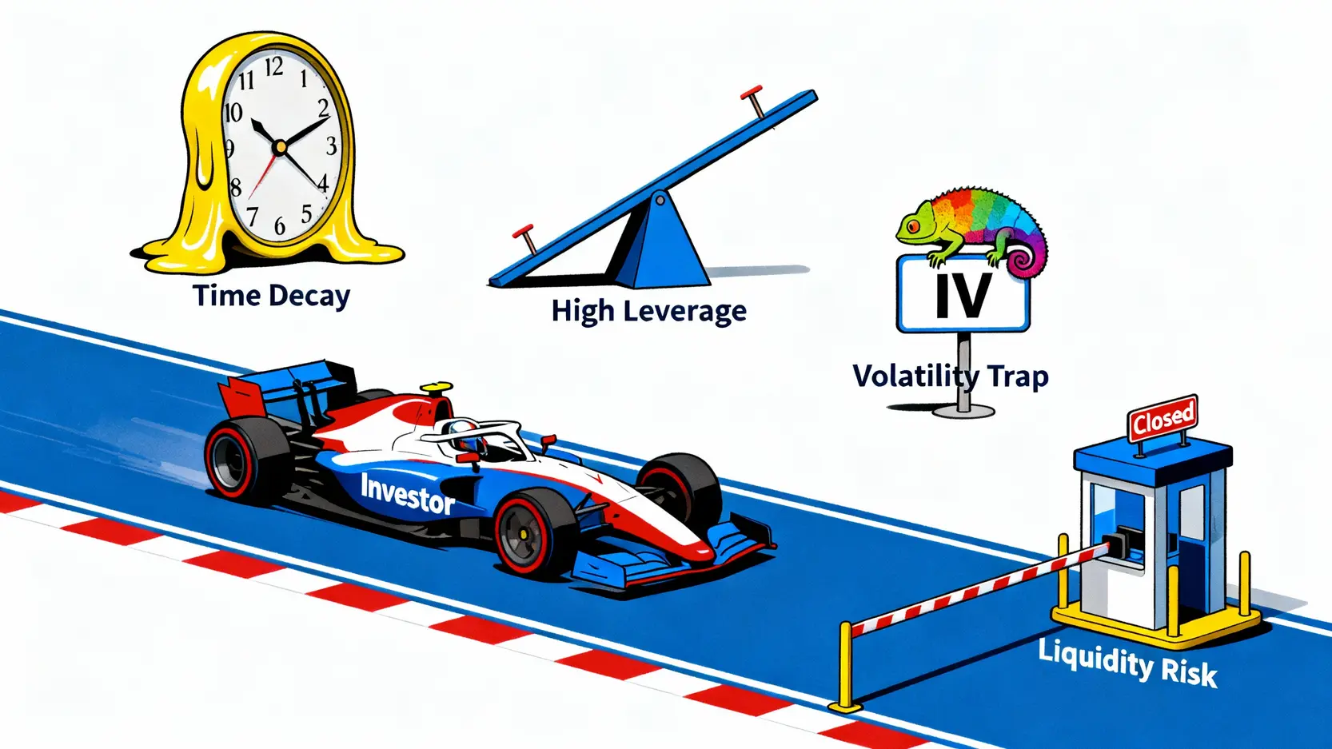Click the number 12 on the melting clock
tap(273, 67)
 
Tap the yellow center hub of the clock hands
tap(280, 147)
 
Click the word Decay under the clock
tap(309, 297)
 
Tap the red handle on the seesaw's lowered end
tap(525, 237)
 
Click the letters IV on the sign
tap(963, 295)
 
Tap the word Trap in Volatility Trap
tap(1017, 376)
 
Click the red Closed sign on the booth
tap(1163, 417)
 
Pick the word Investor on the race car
tap(407, 493)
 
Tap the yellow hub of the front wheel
tap(523, 533)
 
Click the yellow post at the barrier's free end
tap(845, 668)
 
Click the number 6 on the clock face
tap(280, 226)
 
